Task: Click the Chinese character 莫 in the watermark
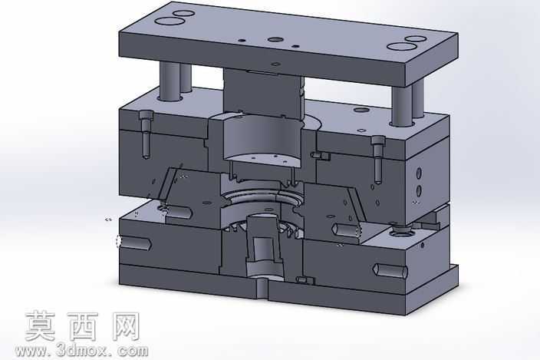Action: coord(41,326)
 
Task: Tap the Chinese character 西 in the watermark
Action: coord(82,326)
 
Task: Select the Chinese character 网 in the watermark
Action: coord(125,326)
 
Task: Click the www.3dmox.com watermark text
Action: coord(82,351)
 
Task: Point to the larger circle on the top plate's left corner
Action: coord(169,21)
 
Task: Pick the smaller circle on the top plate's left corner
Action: coord(183,14)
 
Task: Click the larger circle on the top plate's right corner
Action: coord(400,46)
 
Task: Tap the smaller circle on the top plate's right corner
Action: coord(416,38)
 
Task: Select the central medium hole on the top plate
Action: coord(275,40)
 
